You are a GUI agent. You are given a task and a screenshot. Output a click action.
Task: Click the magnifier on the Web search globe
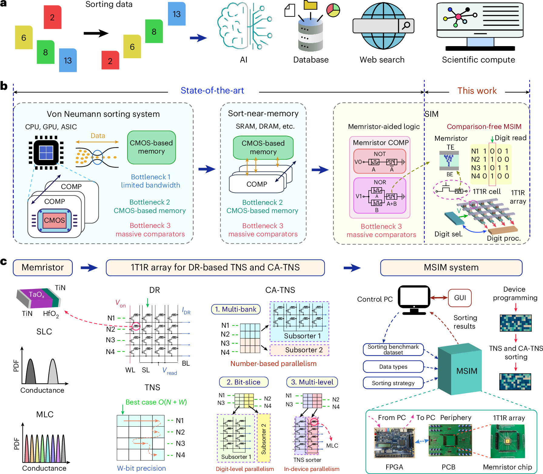point(406,25)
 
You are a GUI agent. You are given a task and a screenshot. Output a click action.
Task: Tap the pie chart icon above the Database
point(333,10)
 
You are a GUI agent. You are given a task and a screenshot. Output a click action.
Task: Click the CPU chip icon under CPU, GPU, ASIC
point(46,152)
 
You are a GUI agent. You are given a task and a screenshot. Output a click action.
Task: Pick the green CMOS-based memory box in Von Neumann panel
point(151,147)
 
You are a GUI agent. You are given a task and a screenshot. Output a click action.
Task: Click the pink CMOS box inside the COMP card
point(55,220)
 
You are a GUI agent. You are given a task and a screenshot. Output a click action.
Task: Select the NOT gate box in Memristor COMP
point(380,161)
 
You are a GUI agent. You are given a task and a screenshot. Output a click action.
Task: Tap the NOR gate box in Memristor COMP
point(380,195)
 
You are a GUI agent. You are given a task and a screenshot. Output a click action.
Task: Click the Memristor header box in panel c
point(43,267)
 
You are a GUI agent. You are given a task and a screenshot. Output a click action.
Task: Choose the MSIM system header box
point(451,267)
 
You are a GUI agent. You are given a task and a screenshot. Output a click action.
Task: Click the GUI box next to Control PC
point(460,298)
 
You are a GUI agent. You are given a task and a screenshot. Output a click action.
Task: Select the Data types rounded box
point(393,367)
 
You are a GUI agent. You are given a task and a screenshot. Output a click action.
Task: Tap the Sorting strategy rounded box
point(393,383)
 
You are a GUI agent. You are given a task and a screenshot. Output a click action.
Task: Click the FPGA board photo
point(394,442)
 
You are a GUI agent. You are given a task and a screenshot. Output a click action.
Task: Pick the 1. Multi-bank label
point(236,309)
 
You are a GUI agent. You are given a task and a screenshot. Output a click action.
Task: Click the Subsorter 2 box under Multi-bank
point(299,350)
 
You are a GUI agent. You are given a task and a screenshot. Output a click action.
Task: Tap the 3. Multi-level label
point(312,382)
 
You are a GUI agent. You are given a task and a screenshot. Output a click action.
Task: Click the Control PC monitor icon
point(414,298)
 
